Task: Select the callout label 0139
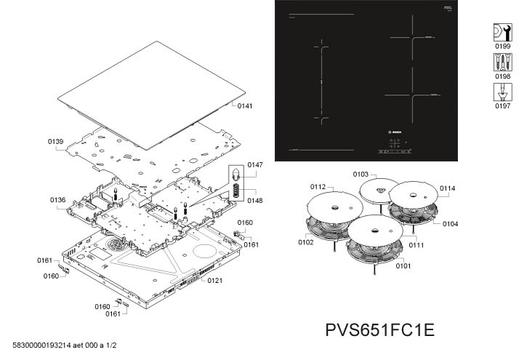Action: point(57,140)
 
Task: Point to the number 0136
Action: point(58,199)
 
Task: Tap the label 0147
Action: point(254,165)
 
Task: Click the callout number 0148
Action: point(254,200)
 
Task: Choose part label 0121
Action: point(214,280)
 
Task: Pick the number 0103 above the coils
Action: point(361,175)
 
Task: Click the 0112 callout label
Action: point(318,187)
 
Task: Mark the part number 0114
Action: point(447,188)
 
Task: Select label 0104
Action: point(451,224)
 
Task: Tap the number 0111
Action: point(416,246)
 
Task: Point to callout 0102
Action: point(305,242)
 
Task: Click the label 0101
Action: point(403,265)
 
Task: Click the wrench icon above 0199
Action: point(502,31)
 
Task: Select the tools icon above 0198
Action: point(502,62)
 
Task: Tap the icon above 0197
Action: point(502,92)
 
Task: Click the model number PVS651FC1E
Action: point(380,329)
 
